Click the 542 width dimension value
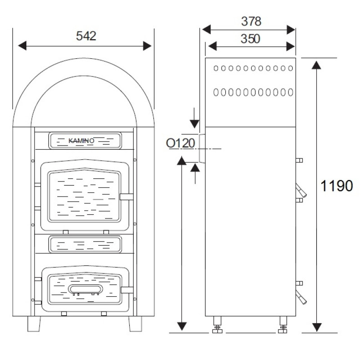[x=86, y=36]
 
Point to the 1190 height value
[x=336, y=186]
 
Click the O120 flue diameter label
[x=180, y=143]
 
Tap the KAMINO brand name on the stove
[x=81, y=141]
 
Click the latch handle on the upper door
[x=126, y=197]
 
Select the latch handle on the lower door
[x=127, y=290]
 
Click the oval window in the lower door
[x=85, y=289]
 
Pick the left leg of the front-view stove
[x=34, y=324]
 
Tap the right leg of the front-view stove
[x=135, y=324]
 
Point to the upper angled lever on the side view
[x=301, y=191]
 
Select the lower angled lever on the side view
[x=301, y=296]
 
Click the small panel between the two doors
[x=85, y=244]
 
